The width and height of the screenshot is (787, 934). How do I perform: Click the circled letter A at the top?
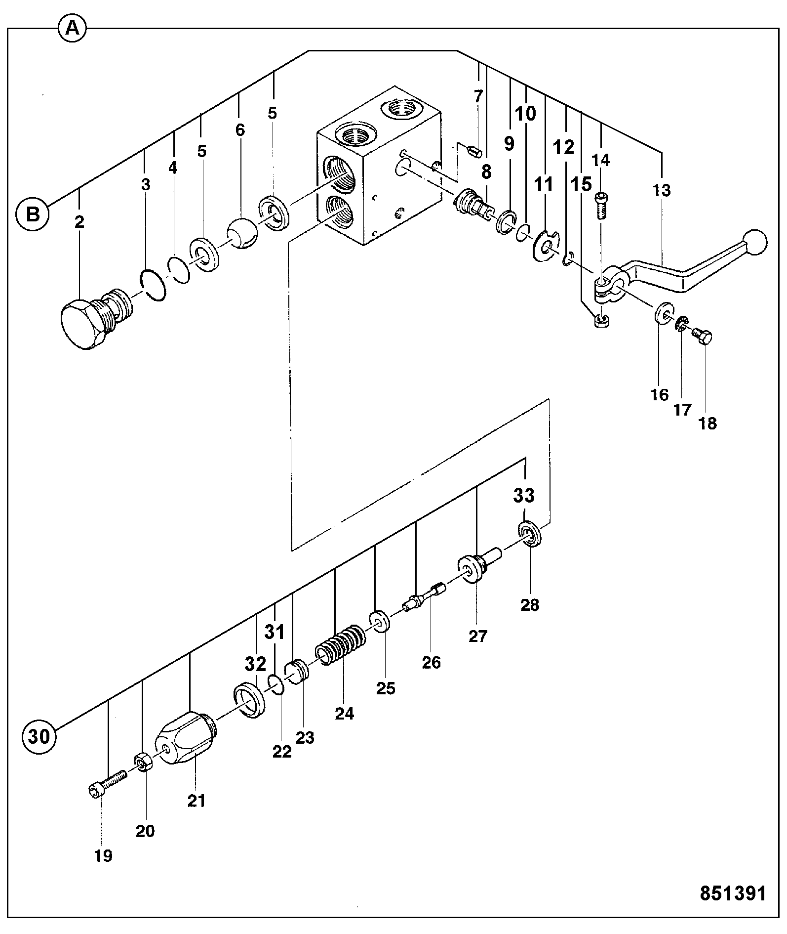click(73, 29)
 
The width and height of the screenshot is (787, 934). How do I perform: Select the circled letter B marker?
click(32, 214)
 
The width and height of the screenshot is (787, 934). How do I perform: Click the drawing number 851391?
click(733, 893)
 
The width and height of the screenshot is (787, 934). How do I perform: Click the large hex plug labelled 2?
click(96, 318)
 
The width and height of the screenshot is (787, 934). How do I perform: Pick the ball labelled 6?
click(242, 233)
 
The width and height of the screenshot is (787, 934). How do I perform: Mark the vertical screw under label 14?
click(600, 205)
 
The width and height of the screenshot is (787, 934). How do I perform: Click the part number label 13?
click(662, 190)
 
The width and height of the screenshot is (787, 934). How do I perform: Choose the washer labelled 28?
click(530, 534)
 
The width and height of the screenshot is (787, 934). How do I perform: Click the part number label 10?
click(525, 114)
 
